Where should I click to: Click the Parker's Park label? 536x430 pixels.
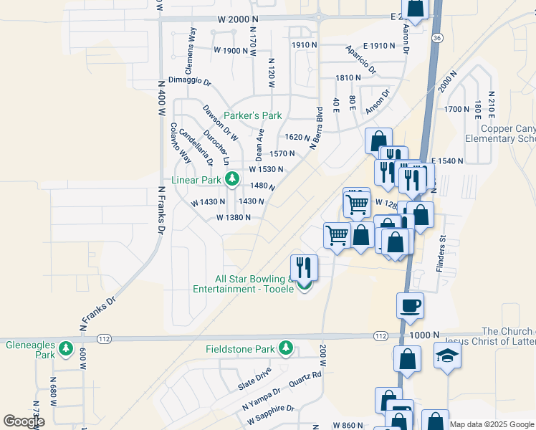coord(252,115)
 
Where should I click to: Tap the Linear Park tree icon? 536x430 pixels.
coord(231,179)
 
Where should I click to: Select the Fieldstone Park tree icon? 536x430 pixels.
coord(286,348)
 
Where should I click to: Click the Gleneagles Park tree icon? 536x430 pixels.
coord(66,348)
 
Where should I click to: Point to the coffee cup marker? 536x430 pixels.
coord(410,305)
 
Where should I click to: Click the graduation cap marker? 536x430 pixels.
coord(448,356)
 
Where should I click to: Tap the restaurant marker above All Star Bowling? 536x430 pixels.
coord(305,267)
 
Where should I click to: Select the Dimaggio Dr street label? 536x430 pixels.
coord(190,81)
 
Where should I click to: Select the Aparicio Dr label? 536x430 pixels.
coord(360,60)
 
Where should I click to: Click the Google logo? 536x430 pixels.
coord(24,421)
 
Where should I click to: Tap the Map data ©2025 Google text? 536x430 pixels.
coord(491,424)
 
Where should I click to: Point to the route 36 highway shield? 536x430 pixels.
coord(438,37)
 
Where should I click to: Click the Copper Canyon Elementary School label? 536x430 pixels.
coord(499,134)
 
